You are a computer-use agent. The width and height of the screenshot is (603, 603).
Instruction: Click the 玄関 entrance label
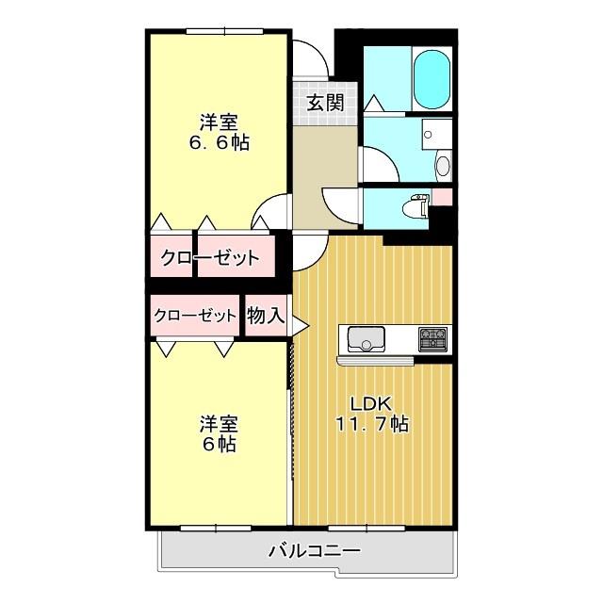[323, 103]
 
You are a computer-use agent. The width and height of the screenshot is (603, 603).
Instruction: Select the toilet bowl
[412, 207]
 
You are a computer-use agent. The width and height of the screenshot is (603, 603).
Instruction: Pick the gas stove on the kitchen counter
[434, 338]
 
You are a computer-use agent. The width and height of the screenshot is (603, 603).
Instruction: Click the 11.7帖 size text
[371, 424]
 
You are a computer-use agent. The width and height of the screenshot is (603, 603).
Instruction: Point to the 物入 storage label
[265, 316]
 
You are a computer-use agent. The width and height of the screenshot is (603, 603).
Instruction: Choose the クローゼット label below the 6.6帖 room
[209, 258]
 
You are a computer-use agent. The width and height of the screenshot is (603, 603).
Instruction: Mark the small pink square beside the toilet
[441, 197]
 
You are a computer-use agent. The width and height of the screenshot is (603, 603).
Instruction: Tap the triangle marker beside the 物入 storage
[301, 327]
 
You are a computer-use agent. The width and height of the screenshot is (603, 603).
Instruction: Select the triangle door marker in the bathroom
[372, 102]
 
